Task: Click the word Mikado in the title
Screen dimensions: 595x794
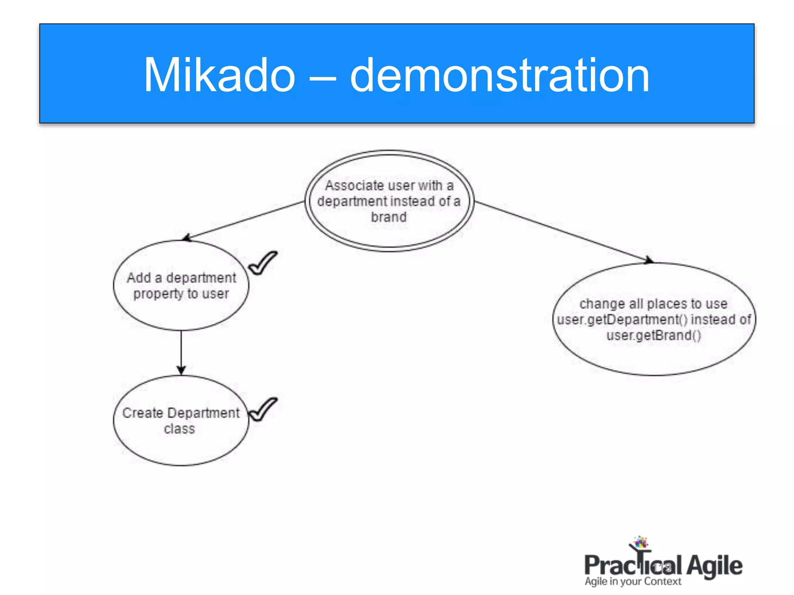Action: (x=219, y=75)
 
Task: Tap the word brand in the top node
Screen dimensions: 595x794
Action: (x=389, y=217)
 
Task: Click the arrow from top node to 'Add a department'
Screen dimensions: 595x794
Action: (x=244, y=220)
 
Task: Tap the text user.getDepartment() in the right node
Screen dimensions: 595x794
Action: (x=622, y=320)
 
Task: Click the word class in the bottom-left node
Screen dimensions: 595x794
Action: (x=179, y=429)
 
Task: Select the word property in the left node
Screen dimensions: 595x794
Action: (x=158, y=294)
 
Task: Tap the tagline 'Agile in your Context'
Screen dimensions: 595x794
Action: (x=633, y=581)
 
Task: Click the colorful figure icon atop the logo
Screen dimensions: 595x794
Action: (x=640, y=542)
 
